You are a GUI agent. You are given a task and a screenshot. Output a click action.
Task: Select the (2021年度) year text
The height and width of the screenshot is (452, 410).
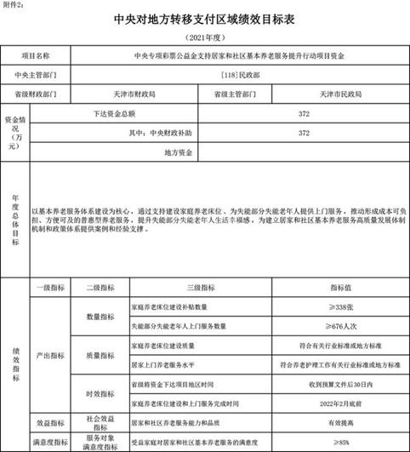tap(204, 38)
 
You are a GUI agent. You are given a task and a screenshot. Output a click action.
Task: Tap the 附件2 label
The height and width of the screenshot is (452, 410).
tap(14, 4)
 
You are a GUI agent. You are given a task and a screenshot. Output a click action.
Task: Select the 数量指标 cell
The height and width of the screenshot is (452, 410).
tap(100, 315)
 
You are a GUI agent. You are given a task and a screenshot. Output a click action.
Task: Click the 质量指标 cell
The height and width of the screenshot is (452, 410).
tap(100, 354)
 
